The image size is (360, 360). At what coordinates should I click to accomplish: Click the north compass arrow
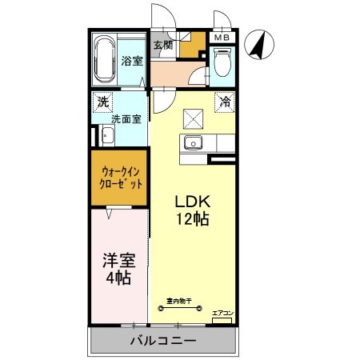click(258, 44)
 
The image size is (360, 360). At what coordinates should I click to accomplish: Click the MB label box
click(221, 37)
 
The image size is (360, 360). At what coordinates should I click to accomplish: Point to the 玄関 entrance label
click(163, 46)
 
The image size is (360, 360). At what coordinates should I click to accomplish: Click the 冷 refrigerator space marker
click(226, 102)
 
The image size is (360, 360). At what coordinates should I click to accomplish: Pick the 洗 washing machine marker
click(102, 102)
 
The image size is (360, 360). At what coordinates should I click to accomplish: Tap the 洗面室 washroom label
click(126, 119)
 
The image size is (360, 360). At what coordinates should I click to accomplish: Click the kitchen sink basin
click(193, 144)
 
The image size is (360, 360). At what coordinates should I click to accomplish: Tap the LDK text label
click(193, 202)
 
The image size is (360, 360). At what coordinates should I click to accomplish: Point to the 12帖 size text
click(193, 218)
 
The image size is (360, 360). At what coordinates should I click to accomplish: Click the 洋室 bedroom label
click(117, 261)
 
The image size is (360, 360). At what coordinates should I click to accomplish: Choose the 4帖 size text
click(117, 278)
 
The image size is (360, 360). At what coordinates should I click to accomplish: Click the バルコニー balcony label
click(163, 341)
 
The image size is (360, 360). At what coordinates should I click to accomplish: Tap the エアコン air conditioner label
click(222, 313)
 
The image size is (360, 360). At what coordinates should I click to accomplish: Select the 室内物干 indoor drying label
click(178, 302)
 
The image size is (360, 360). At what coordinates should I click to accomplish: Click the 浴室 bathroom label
click(131, 61)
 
